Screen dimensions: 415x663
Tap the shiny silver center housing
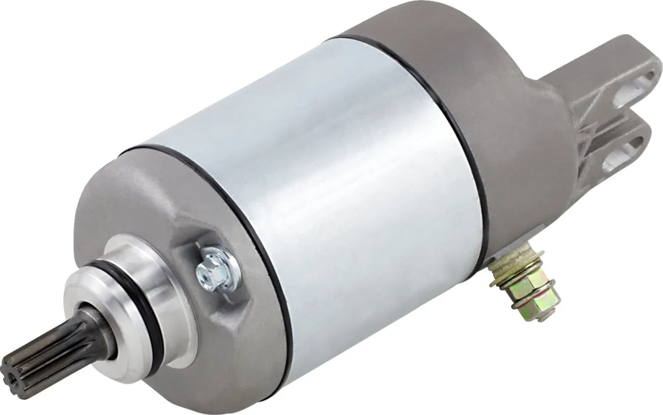pyautogui.click(x=326, y=194)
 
